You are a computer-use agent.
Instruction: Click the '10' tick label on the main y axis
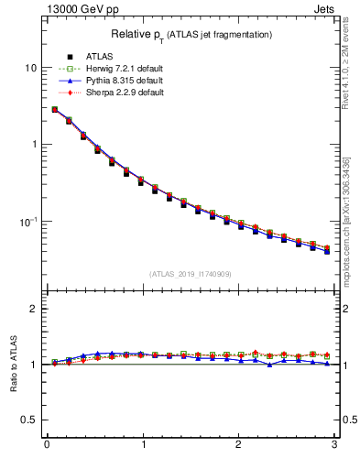tap(30, 68)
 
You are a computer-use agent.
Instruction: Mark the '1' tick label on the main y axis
tap(34, 145)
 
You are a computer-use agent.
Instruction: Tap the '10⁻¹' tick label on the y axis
tap(28, 221)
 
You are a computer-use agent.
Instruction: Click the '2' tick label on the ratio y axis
tap(34, 309)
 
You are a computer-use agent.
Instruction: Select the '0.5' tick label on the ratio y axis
tap(29, 420)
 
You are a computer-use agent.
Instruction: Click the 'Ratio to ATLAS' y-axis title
tap(13, 364)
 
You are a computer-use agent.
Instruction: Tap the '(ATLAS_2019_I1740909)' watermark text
tap(191, 274)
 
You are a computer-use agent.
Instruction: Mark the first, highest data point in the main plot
tap(55, 109)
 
